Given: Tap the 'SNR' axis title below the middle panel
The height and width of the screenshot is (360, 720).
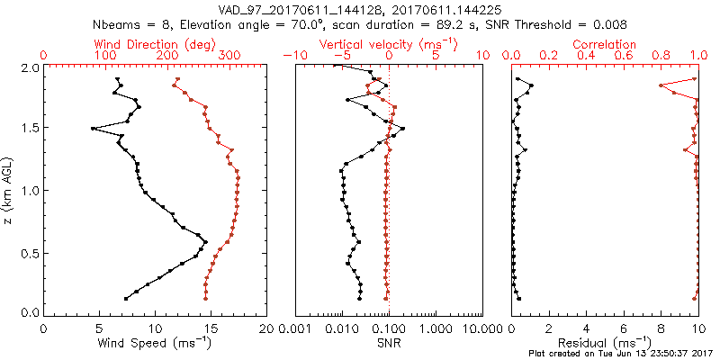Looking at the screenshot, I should (x=389, y=343).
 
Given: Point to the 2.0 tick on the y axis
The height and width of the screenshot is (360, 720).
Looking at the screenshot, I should (x=29, y=67).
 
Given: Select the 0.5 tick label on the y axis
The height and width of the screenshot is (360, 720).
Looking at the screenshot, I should (x=29, y=253).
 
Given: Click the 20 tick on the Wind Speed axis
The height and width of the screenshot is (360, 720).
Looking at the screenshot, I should (x=267, y=328).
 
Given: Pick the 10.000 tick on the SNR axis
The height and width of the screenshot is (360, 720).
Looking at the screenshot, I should (x=482, y=328).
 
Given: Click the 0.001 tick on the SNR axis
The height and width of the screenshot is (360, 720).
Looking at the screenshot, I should (x=295, y=328).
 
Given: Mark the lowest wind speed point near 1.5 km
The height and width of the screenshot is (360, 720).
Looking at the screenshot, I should (x=93, y=129).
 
